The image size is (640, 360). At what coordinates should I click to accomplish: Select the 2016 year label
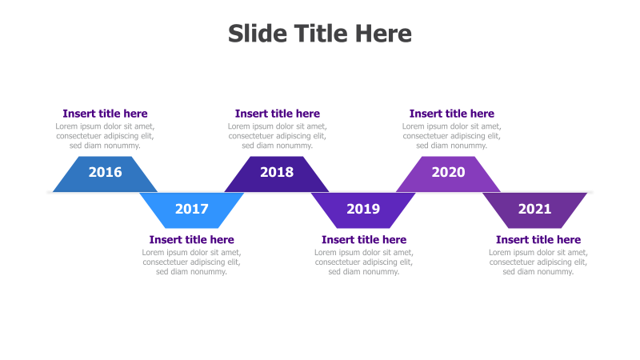(105, 172)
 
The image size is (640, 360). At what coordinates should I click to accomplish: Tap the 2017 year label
(191, 210)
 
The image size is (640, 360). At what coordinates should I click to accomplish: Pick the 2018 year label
(277, 172)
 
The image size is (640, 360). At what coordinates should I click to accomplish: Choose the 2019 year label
(363, 210)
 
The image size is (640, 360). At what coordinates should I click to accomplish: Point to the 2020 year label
(448, 172)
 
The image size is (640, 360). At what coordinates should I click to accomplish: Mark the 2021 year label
(534, 210)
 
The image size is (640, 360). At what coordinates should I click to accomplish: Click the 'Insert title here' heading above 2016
(105, 114)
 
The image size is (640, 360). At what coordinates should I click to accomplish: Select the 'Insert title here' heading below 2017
(191, 240)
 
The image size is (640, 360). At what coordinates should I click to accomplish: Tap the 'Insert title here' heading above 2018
(277, 114)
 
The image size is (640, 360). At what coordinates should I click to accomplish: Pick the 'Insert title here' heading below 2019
(363, 240)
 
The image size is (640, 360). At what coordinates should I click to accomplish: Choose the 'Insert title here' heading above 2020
(451, 114)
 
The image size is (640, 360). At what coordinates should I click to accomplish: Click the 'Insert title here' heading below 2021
(538, 240)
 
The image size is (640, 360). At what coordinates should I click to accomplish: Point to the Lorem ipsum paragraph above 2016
(105, 136)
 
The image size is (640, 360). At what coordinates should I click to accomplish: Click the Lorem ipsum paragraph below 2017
(191, 262)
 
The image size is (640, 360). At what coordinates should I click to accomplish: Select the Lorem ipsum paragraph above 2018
(277, 136)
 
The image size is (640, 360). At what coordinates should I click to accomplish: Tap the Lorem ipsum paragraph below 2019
(363, 262)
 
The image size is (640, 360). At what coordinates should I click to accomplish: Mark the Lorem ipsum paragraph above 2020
(451, 136)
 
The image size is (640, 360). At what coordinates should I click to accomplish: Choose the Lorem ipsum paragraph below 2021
(538, 262)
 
